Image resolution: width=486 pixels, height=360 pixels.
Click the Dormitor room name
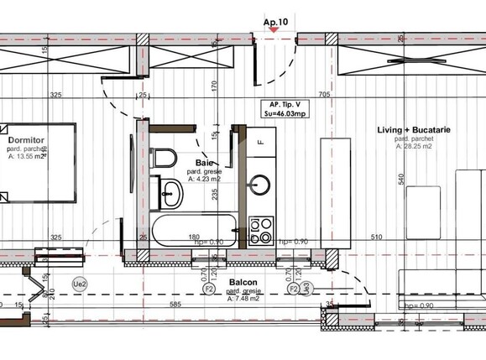pos(27,140)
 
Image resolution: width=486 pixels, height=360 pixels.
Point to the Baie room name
pos(204,163)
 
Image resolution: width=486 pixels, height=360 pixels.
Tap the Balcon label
pos(243,284)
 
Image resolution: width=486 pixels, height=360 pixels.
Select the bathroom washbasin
pos(172,194)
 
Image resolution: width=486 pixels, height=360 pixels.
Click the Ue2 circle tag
pos(81,284)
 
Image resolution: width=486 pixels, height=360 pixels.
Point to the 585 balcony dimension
pos(175,305)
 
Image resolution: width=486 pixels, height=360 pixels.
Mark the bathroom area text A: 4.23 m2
pos(203,178)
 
